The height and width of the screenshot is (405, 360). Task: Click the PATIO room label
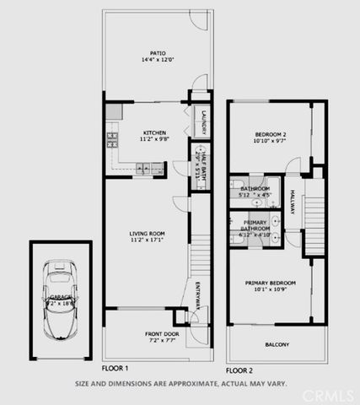153,53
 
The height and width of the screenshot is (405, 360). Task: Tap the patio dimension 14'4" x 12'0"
153,61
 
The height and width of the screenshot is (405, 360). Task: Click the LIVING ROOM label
147,233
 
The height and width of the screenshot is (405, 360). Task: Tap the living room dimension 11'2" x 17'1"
147,240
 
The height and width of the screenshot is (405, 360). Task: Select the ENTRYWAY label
199,296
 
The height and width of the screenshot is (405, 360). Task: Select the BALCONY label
277,344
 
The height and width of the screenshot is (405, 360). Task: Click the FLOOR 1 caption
115,369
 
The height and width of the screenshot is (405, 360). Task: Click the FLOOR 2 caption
239,370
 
